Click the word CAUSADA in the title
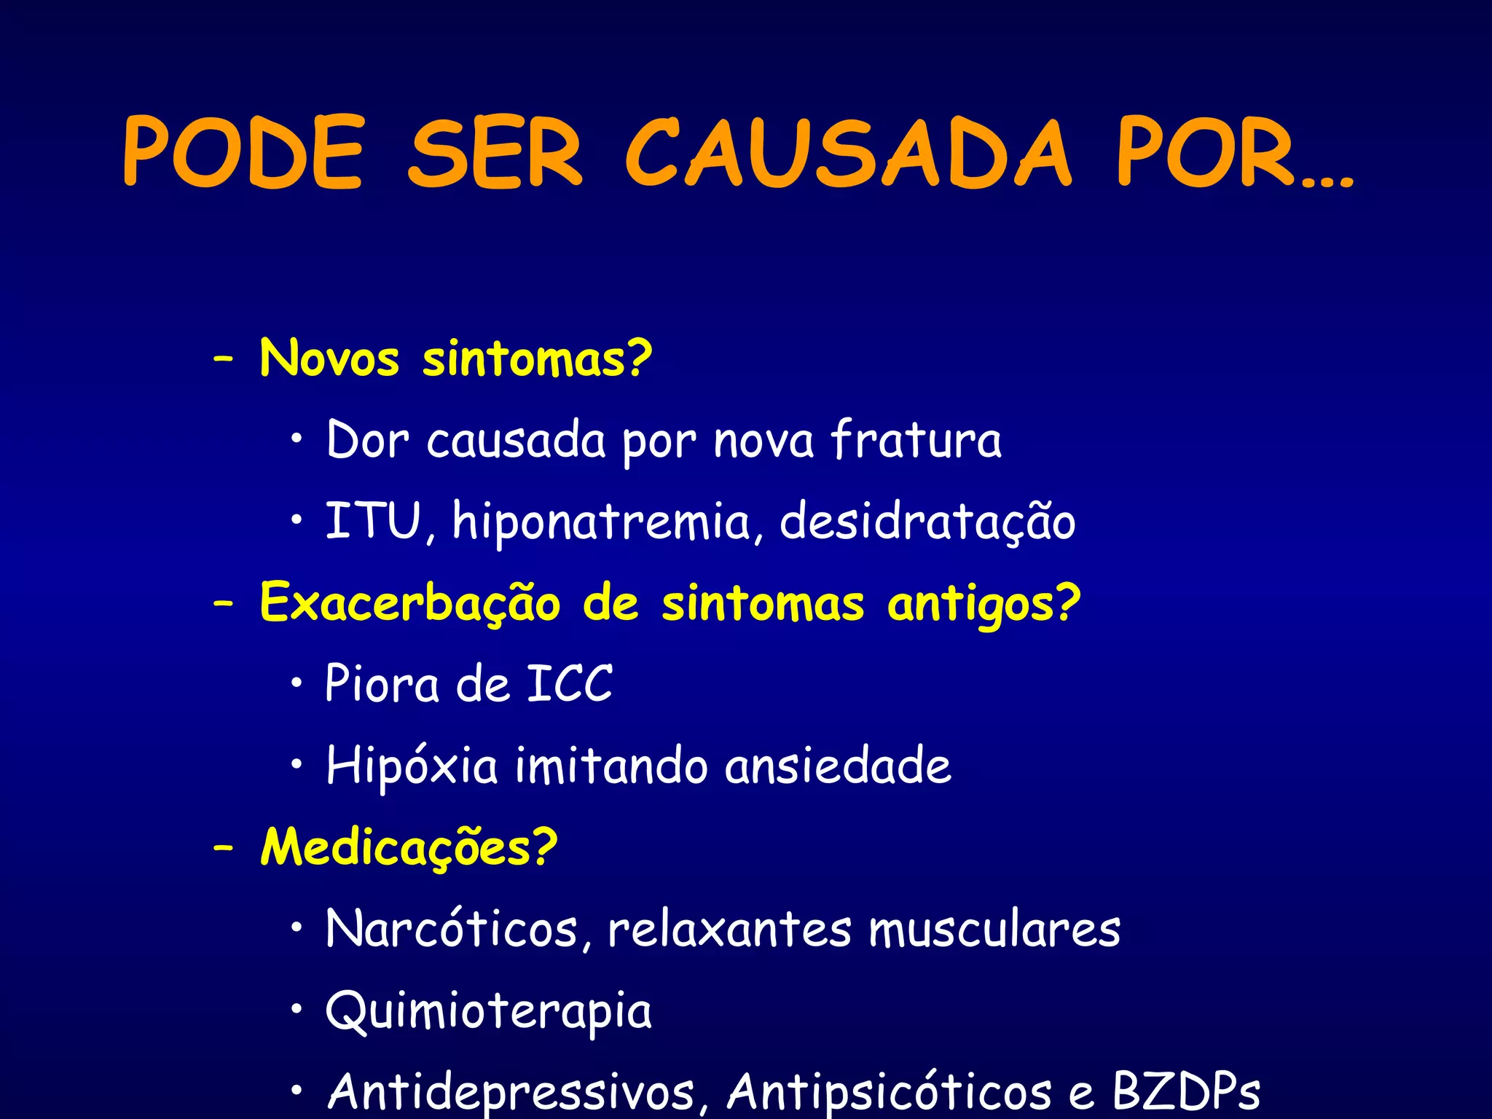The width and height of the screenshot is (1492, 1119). [x=849, y=153]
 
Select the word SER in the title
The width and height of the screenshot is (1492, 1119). [x=495, y=153]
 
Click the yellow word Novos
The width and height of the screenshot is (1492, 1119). [x=329, y=359]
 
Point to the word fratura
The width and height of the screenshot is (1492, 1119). [x=916, y=440]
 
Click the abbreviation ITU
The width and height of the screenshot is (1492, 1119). [x=373, y=522]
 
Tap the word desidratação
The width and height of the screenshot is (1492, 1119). [x=927, y=522]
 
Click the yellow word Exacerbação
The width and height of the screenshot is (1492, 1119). [x=410, y=604]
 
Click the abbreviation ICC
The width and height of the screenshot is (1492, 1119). [x=570, y=685]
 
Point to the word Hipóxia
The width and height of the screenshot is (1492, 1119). [x=412, y=766]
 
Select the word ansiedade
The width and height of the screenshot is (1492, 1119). [x=838, y=766]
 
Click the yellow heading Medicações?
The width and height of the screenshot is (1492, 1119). [x=409, y=849]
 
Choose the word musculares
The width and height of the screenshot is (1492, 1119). [x=994, y=930]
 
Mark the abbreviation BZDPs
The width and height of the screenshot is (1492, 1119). [x=1186, y=1091]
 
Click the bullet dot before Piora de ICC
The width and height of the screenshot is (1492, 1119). [x=296, y=683]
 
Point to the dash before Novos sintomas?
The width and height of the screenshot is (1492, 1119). [x=224, y=359]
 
